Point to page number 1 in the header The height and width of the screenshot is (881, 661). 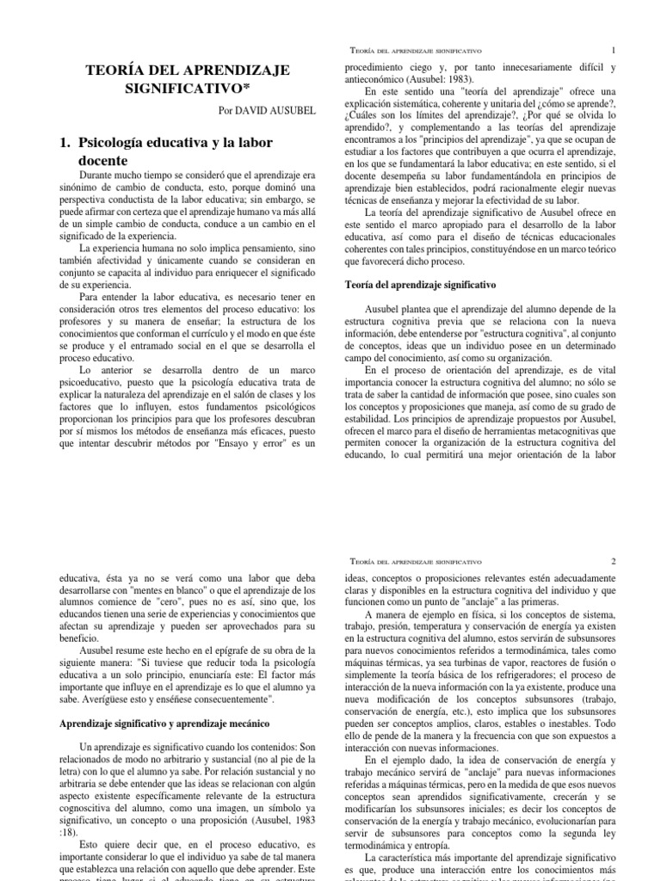pos(613,51)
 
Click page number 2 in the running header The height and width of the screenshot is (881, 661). pos(613,561)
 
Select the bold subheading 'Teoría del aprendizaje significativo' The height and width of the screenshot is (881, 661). pos(420,283)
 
